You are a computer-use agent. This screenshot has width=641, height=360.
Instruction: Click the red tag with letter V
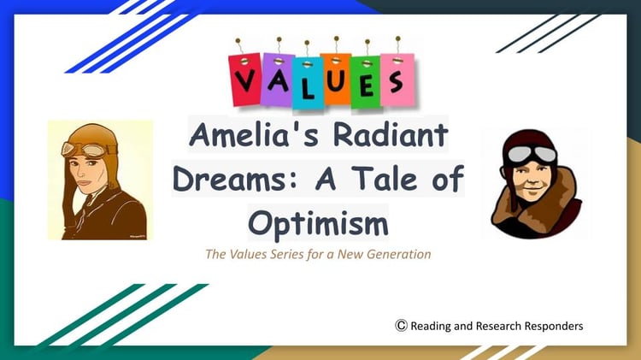(245, 80)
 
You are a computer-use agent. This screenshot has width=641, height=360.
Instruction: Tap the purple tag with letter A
(278, 80)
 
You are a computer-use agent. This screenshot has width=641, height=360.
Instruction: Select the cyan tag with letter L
(308, 84)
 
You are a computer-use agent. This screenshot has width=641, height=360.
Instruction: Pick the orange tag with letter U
(336, 79)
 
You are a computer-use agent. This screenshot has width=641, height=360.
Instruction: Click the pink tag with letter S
(397, 80)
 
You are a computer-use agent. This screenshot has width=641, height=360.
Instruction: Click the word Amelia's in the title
(254, 134)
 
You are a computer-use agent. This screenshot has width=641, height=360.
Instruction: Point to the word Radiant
(391, 134)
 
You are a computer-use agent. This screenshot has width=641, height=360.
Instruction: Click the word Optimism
(319, 224)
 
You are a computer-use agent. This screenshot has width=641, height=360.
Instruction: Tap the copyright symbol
(401, 325)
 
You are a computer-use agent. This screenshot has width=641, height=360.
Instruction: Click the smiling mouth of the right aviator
(532, 190)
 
